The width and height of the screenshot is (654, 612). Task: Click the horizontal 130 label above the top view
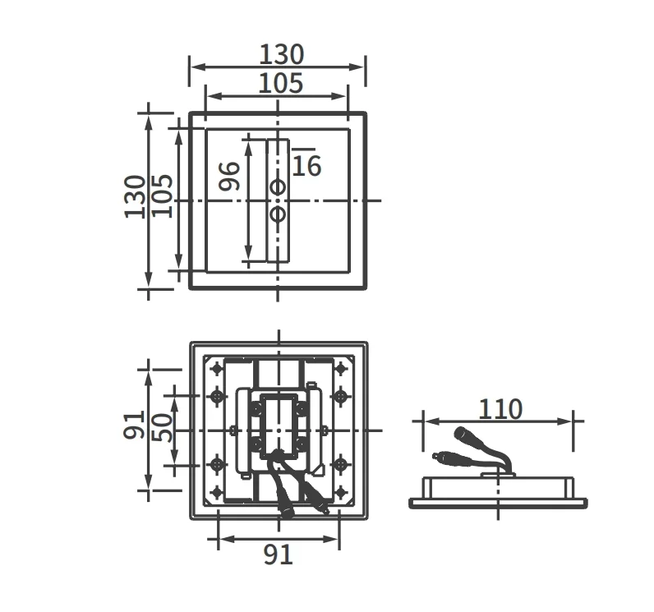282,54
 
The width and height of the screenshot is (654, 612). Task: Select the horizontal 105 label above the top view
281,83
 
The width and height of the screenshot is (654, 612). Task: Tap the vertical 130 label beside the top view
135,197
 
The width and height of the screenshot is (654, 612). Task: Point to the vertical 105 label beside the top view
162,196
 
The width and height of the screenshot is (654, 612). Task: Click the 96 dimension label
230,177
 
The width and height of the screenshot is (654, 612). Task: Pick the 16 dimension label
306,166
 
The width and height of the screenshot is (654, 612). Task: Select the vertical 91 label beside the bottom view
134,425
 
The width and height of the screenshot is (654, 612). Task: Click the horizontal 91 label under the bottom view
278,554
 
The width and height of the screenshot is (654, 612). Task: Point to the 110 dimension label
500,409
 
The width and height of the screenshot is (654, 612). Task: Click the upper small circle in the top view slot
278,187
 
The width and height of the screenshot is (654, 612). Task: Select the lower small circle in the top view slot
278,214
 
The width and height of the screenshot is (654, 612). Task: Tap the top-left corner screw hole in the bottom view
217,369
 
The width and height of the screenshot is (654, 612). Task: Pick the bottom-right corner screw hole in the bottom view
341,492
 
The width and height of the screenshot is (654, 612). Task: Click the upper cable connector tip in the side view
459,432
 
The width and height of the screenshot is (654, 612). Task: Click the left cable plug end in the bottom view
287,513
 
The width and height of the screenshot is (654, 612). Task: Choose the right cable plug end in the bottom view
323,509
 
